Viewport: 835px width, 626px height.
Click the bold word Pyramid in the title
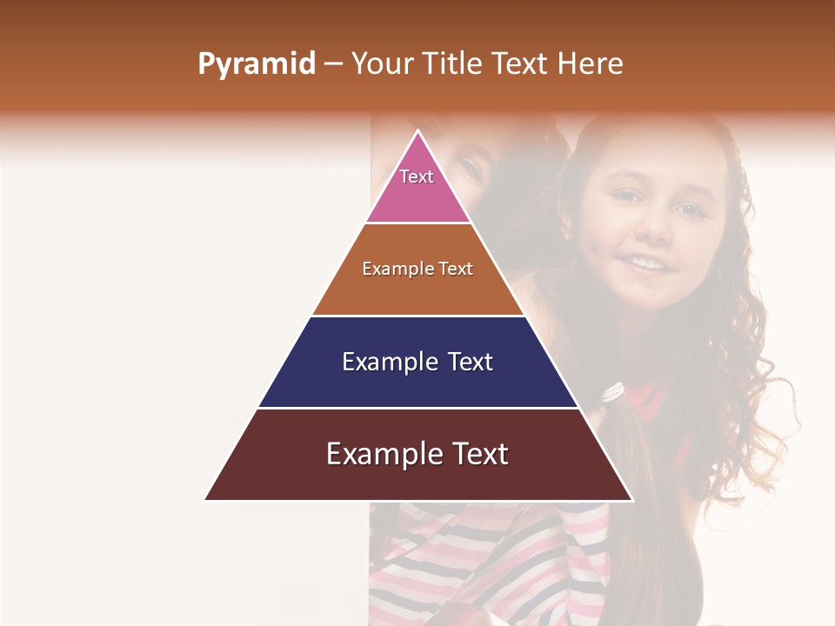point(256,64)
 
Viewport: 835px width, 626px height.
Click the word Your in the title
point(382,64)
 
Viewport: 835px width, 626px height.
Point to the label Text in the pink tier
point(417,176)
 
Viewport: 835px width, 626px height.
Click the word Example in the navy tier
point(378,362)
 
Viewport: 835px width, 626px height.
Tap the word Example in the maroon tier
point(371,454)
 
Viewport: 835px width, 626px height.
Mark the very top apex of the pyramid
point(418,132)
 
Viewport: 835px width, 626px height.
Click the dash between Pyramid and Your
point(333,64)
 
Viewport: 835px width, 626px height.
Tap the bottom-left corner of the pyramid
point(206,499)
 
